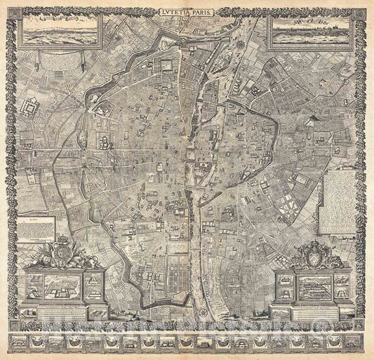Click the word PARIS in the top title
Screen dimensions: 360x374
click(x=203, y=12)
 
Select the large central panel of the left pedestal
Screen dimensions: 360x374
click(x=62, y=284)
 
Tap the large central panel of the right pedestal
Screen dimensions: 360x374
click(x=313, y=286)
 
